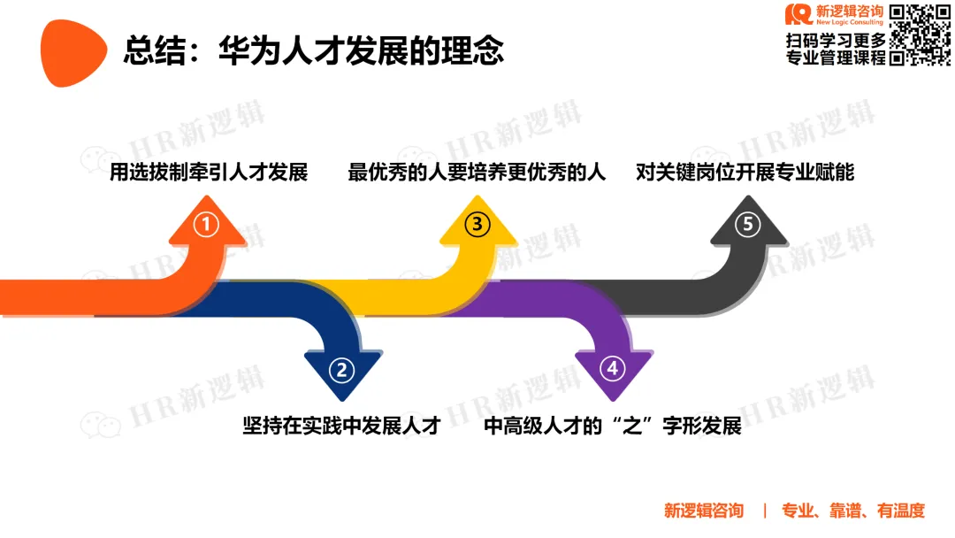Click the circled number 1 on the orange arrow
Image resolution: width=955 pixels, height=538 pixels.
pyautogui.click(x=206, y=225)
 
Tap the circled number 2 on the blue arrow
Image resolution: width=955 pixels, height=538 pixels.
pyautogui.click(x=342, y=369)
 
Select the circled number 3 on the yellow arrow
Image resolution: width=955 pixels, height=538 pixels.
pyautogui.click(x=477, y=225)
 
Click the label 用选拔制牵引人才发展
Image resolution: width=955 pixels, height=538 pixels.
pyautogui.click(x=209, y=173)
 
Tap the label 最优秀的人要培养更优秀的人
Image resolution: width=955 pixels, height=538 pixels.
pyautogui.click(x=477, y=173)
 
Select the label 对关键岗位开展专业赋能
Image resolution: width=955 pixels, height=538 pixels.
pyautogui.click(x=745, y=173)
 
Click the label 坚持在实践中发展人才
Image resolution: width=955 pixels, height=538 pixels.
pyautogui.click(x=341, y=426)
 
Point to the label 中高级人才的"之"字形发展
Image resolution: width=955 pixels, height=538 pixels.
pyautogui.click(x=613, y=426)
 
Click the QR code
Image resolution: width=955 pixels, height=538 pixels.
pyautogui.click(x=920, y=35)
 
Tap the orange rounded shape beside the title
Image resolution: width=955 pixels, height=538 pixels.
pyautogui.click(x=73, y=52)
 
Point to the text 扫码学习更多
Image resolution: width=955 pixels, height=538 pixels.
pyautogui.click(x=835, y=41)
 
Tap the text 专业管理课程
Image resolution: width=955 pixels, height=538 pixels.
pyautogui.click(x=835, y=59)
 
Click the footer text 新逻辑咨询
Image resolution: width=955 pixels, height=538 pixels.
pyautogui.click(x=704, y=511)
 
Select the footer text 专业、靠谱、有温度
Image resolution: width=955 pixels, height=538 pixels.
pyautogui.click(x=852, y=511)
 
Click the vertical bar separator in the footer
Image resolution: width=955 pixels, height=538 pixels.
pyautogui.click(x=764, y=511)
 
